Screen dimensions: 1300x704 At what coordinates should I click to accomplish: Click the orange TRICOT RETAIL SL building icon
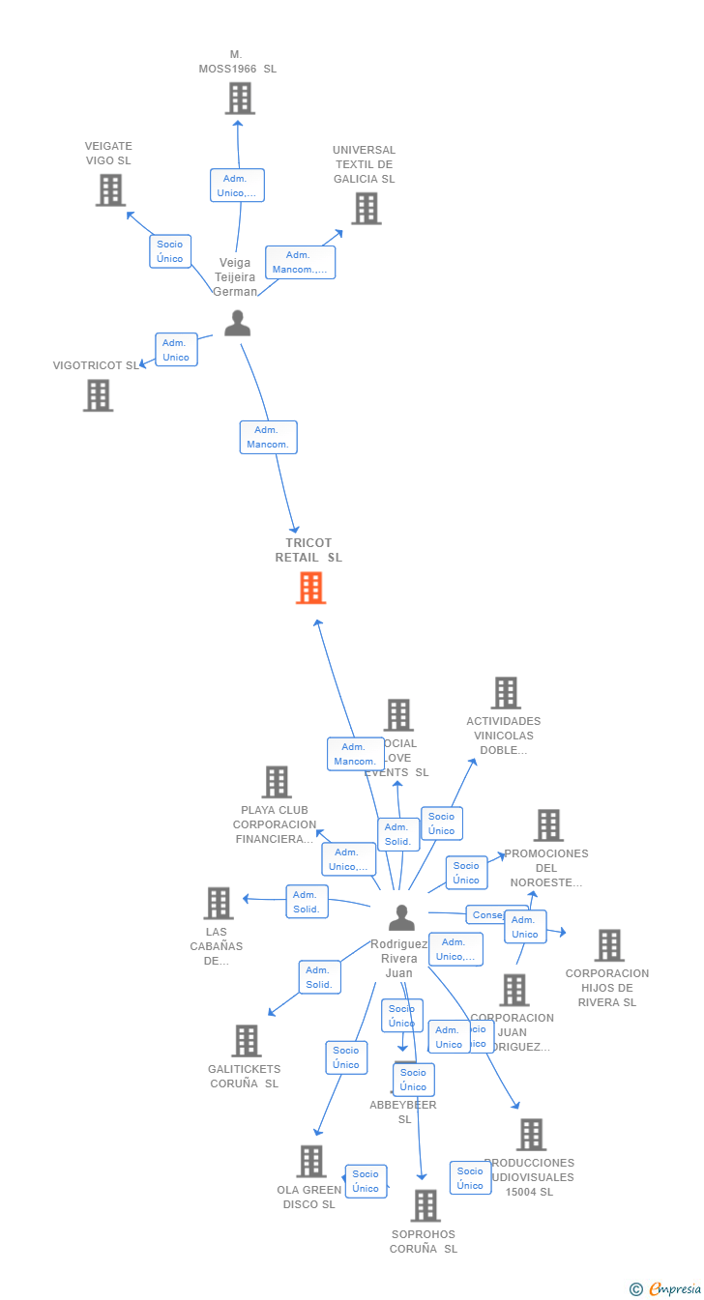click(x=310, y=588)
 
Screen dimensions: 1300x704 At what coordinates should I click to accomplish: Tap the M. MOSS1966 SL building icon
click(x=239, y=99)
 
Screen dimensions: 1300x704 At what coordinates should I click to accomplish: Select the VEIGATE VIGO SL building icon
click(x=110, y=190)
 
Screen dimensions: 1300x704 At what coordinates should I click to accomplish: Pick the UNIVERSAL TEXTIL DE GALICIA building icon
click(x=366, y=209)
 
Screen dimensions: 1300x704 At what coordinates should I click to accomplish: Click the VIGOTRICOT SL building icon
click(x=98, y=395)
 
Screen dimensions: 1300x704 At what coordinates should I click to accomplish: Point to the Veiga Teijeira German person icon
click(x=237, y=324)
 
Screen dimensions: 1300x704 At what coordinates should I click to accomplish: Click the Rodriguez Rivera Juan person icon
click(x=401, y=917)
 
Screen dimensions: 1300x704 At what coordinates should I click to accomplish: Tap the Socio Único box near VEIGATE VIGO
click(x=170, y=251)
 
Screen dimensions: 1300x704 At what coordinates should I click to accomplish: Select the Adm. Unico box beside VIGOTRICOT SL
click(x=176, y=350)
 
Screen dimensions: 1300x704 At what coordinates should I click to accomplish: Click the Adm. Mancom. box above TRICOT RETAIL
click(x=268, y=437)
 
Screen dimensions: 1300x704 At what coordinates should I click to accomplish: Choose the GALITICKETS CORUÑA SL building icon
click(x=247, y=1041)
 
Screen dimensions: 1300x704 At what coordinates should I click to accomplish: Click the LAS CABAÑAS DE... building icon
click(x=219, y=904)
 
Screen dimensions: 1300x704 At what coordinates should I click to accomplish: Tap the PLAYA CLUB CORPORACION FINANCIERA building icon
click(x=277, y=782)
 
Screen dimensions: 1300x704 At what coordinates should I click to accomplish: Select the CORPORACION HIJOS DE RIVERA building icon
click(x=608, y=945)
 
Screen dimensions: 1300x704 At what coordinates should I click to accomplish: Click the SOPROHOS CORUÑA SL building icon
click(x=425, y=1205)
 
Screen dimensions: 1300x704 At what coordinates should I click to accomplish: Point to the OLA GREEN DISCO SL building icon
click(x=310, y=1161)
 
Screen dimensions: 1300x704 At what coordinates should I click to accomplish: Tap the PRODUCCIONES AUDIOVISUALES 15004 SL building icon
click(x=531, y=1135)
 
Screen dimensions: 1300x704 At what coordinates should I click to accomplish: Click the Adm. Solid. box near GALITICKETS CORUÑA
click(x=319, y=977)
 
